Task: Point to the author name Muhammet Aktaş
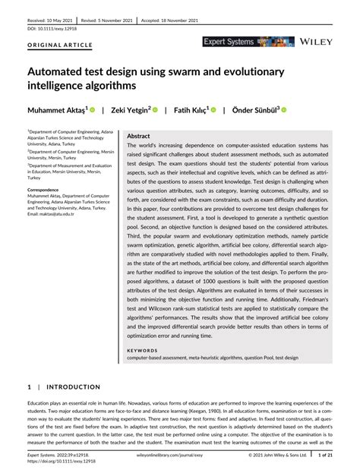56,110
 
